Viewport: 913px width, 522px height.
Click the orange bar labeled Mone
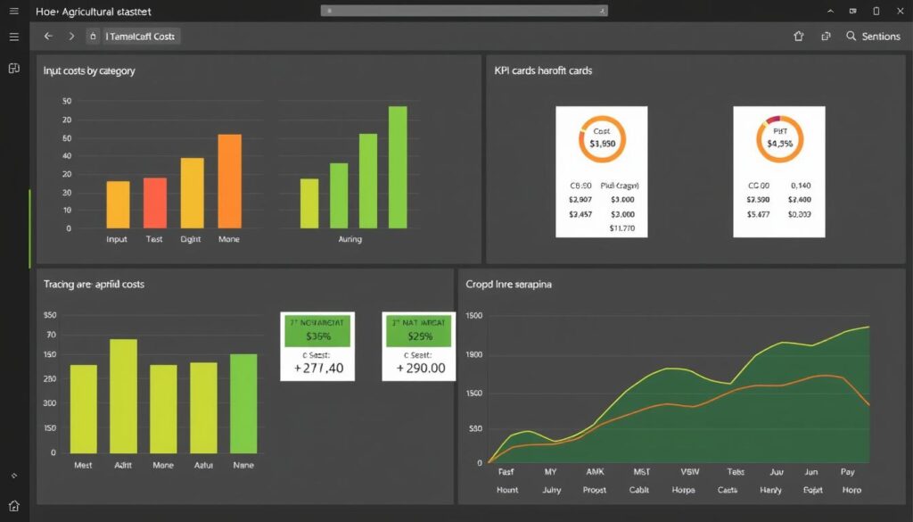229,181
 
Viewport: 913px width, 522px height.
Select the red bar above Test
155,203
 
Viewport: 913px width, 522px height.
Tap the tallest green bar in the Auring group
398,167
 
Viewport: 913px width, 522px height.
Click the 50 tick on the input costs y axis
67,101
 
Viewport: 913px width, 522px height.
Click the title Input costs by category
89,70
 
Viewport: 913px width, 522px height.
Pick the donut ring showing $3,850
602,138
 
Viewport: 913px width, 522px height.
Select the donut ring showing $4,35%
779,138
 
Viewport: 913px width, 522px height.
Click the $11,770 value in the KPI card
621,228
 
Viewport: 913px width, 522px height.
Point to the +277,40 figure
317,368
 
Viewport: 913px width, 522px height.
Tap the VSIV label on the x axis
690,471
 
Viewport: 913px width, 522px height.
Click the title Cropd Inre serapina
508,284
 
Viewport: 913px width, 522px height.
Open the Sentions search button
873,37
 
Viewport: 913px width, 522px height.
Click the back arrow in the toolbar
48,37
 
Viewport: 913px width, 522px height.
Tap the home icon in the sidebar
14,505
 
